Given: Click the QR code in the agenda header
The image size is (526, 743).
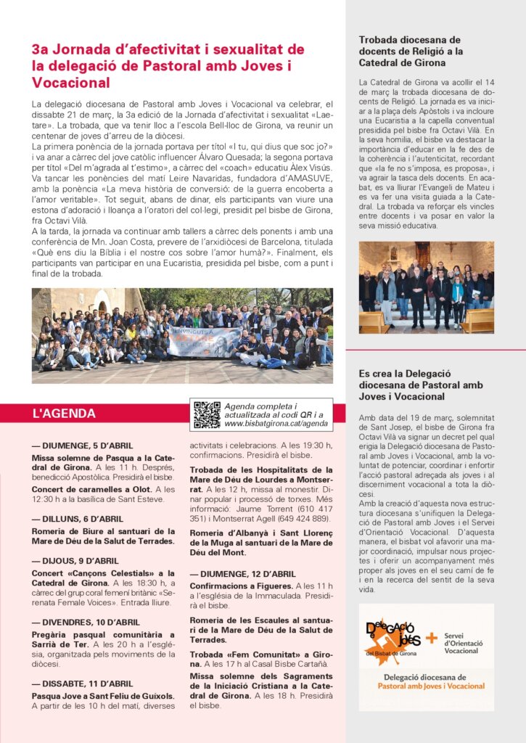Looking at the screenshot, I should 207,414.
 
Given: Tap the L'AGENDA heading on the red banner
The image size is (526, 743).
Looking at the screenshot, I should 64,414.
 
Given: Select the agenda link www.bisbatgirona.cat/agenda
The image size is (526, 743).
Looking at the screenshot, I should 276,423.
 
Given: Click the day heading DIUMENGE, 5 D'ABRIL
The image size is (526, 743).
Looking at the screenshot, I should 82,446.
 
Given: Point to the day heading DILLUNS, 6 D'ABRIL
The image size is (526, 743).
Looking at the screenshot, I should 77,519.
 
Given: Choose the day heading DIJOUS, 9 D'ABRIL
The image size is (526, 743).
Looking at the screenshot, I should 75,560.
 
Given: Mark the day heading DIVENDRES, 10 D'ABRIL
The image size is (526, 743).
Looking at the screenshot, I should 86,622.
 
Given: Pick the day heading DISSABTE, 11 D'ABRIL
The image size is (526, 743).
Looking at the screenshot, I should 82,683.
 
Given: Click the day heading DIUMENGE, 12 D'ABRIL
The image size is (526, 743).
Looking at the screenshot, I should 242,574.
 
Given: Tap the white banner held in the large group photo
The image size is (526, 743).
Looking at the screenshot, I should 205,341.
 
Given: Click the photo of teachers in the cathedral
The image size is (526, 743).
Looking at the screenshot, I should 426,287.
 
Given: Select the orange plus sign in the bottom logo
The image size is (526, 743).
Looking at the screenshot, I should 432,638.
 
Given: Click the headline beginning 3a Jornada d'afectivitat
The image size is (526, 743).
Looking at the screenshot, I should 168,66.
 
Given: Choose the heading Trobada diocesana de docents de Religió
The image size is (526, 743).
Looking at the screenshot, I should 411,52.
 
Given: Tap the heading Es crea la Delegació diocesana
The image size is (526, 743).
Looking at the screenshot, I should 411,385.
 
